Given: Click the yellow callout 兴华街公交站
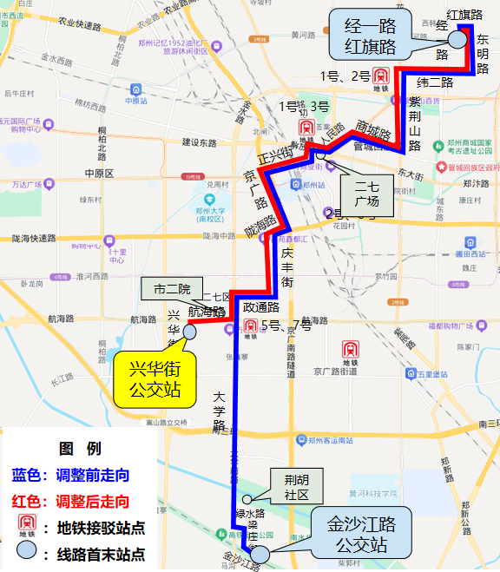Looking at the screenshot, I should [151, 379].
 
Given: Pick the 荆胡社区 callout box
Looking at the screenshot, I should [296, 488].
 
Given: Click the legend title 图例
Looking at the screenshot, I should [80, 449].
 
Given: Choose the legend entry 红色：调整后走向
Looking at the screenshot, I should [70, 501].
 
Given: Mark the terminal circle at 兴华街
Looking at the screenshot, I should [190, 331].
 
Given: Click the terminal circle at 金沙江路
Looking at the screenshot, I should [260, 549].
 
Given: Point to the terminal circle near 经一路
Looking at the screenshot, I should [455, 37].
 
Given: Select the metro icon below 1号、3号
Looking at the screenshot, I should [306, 128].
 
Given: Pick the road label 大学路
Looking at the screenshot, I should [219, 413].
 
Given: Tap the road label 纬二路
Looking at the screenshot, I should [435, 82].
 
